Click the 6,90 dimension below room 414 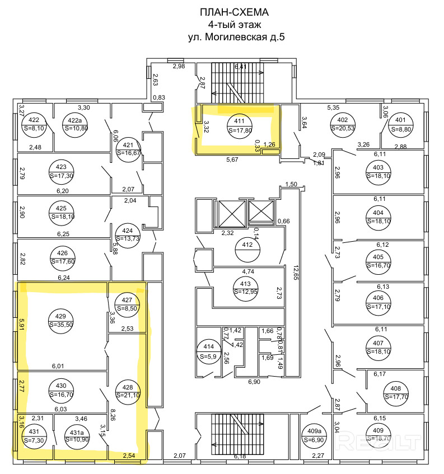click(x=254, y=382)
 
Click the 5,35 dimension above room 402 click(x=334, y=107)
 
